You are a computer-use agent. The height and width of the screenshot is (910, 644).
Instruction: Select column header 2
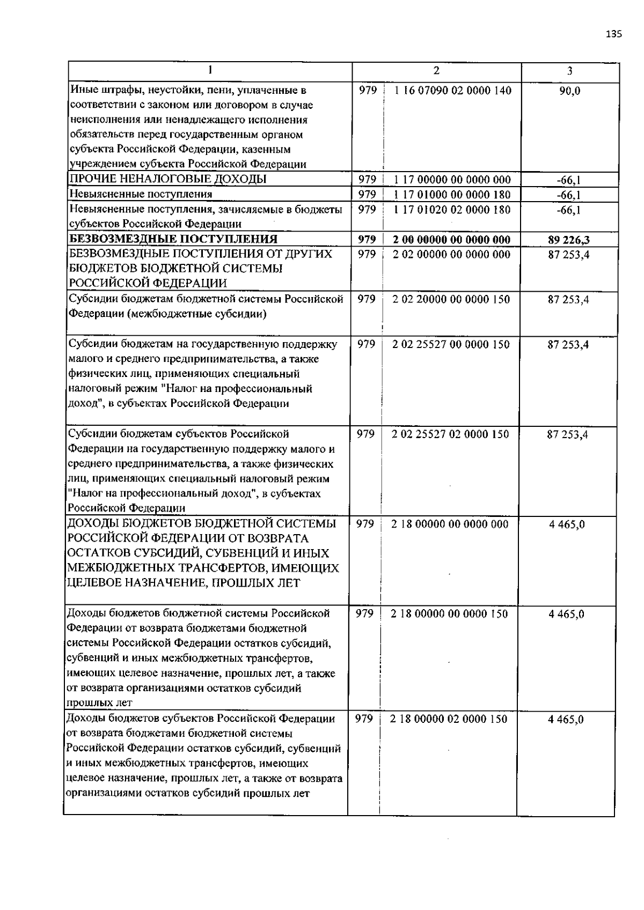click(x=436, y=71)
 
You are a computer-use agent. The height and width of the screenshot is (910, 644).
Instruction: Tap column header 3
click(x=569, y=71)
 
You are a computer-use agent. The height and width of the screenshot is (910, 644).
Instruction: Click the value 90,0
click(x=569, y=91)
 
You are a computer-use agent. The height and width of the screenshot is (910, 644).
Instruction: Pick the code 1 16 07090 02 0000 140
click(x=452, y=90)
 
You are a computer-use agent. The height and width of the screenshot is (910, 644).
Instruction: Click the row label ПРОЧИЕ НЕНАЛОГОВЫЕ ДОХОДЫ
click(x=168, y=179)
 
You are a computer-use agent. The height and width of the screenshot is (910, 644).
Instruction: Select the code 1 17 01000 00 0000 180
click(x=452, y=194)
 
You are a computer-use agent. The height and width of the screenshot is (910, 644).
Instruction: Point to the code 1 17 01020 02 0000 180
click(x=452, y=210)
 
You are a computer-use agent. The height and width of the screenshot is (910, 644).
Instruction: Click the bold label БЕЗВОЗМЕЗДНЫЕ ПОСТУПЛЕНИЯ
click(x=173, y=239)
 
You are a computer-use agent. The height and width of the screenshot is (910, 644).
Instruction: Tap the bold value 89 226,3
click(x=569, y=240)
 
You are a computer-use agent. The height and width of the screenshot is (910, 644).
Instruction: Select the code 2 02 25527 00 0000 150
click(x=451, y=344)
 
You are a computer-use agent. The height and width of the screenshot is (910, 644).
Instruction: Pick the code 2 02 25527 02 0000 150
click(x=450, y=434)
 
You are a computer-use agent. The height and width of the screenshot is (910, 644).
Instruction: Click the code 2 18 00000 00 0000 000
click(x=450, y=524)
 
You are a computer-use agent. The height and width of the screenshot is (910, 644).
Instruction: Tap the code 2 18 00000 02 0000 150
click(x=449, y=719)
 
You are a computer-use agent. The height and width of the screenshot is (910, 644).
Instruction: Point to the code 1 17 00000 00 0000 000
click(x=452, y=179)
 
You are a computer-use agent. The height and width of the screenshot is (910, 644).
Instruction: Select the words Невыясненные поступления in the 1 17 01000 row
click(x=141, y=194)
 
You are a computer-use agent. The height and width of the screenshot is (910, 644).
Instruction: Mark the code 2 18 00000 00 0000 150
click(x=449, y=613)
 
